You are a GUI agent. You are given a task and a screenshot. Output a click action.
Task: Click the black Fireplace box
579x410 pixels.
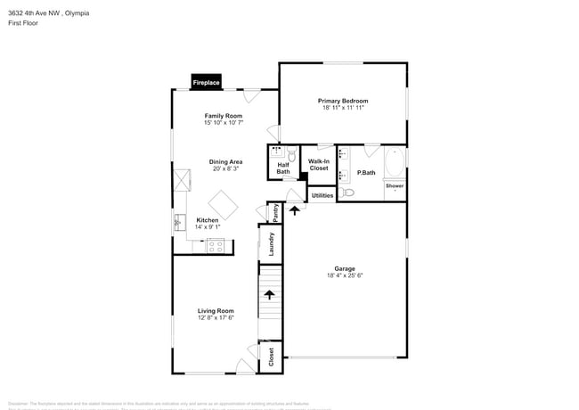[206, 83]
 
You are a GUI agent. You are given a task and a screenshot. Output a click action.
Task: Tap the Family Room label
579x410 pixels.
[223, 116]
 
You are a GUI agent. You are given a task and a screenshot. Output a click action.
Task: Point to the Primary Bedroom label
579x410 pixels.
[343, 101]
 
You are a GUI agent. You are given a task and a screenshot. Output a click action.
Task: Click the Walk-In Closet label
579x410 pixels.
[318, 164]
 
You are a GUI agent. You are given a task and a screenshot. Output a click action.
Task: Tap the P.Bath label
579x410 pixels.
[365, 172]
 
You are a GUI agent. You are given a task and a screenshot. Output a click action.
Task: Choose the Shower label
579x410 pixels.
[395, 186]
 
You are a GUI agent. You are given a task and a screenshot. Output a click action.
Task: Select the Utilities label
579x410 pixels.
[322, 194]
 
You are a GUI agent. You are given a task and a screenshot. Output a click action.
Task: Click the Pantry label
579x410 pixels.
[276, 211]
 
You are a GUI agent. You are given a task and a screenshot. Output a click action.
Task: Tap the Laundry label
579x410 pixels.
[271, 243]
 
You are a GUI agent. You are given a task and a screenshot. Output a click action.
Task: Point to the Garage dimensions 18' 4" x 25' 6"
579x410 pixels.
[345, 275]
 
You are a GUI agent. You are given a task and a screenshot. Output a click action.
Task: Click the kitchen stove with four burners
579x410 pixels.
[216, 247]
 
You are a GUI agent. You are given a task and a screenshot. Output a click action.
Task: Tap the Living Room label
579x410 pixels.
[216, 311]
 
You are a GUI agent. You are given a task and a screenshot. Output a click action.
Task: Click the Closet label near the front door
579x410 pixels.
[271, 357]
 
